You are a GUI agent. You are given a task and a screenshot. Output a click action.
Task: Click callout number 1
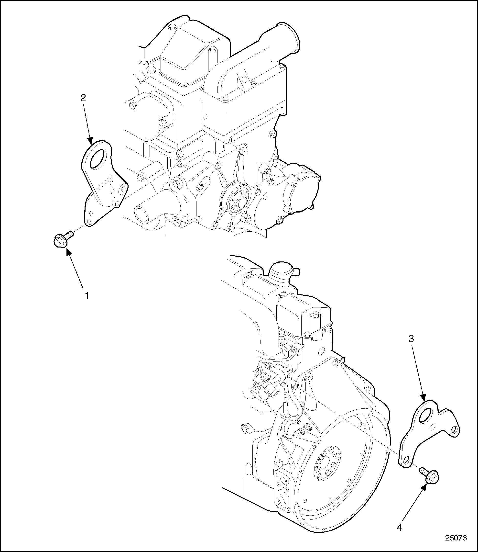pyautogui.click(x=87, y=296)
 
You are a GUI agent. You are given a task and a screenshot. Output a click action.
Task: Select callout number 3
pyautogui.click(x=411, y=339)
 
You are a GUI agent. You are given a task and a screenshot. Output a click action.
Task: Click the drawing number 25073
pyautogui.click(x=456, y=538)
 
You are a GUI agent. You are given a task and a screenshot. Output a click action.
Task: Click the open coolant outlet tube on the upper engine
pyautogui.click(x=141, y=213)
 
